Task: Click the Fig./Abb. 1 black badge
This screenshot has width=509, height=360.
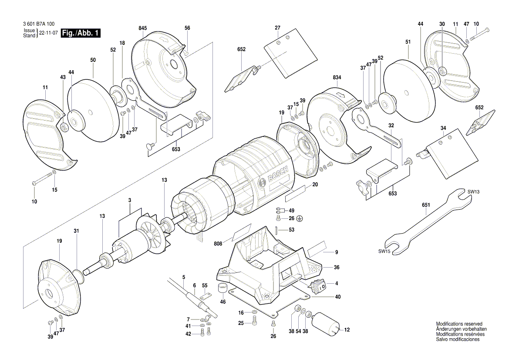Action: [x=81, y=33]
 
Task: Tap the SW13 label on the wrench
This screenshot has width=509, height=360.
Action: [x=474, y=191]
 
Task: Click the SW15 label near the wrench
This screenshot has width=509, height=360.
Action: [x=384, y=251]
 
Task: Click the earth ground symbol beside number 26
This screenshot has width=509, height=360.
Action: [x=299, y=218]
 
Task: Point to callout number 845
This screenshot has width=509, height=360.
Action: [x=142, y=28]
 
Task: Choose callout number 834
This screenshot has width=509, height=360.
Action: [x=337, y=77]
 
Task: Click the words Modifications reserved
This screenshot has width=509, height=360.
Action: [x=459, y=324]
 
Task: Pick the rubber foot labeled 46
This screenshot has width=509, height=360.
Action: [x=223, y=288]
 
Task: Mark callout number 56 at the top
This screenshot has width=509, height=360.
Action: [x=187, y=28]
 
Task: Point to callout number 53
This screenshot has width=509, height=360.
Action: [x=291, y=230]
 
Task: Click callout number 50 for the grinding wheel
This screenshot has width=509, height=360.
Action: [x=93, y=59]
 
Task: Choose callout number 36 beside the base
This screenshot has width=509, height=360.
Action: [x=337, y=267]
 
